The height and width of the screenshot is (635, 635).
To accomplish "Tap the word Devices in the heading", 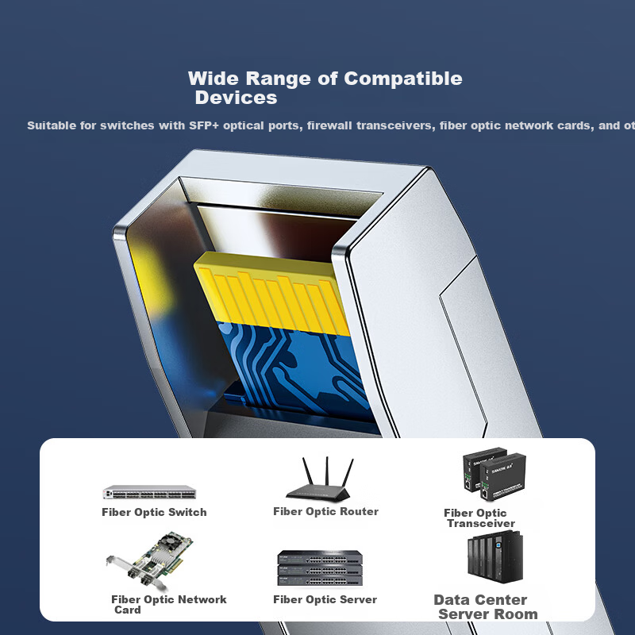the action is (236, 98).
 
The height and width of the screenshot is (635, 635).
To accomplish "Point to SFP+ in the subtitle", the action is (204, 125).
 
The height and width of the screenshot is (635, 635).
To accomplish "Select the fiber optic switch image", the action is (149, 492).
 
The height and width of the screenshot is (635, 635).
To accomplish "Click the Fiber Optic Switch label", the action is (154, 512).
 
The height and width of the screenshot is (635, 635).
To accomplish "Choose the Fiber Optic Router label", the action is (325, 511).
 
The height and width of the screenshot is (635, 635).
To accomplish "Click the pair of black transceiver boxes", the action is (494, 473).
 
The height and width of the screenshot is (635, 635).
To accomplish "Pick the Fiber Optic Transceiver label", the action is (479, 518).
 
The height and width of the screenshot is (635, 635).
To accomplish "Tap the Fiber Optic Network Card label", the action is (169, 605).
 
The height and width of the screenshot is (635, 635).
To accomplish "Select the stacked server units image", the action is (320, 568).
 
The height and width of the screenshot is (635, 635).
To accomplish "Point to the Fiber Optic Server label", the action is (325, 599).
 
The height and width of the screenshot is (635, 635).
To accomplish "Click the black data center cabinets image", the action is (495, 557).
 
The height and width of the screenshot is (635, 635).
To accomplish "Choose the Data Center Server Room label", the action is (486, 606).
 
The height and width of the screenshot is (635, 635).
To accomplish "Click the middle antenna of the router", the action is (327, 471).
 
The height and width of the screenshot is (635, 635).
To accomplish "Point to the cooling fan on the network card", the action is (170, 541).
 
